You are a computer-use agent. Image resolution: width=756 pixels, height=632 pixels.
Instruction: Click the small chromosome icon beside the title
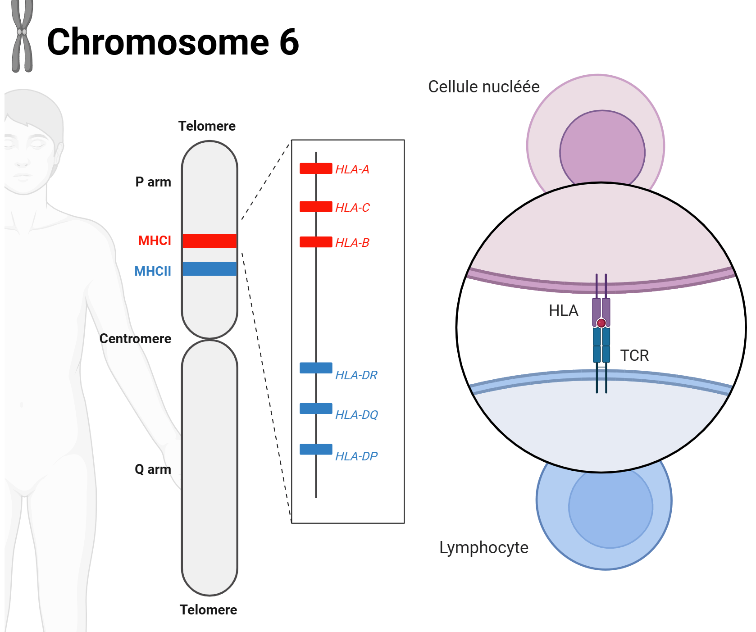pyautogui.click(x=22, y=36)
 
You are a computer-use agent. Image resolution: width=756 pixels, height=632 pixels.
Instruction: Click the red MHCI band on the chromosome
pyautogui.click(x=209, y=241)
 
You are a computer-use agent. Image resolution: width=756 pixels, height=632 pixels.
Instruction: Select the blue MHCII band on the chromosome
pyautogui.click(x=209, y=269)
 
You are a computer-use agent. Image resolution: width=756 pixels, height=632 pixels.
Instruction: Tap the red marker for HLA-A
pyautogui.click(x=316, y=168)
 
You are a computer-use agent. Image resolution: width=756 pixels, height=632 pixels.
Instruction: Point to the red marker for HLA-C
pyautogui.click(x=316, y=207)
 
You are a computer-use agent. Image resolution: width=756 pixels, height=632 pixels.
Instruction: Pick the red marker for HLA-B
pyautogui.click(x=316, y=242)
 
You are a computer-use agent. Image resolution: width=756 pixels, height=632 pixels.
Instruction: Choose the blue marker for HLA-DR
pyautogui.click(x=316, y=368)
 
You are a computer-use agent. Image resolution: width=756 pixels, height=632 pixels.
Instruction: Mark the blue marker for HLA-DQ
pyautogui.click(x=316, y=409)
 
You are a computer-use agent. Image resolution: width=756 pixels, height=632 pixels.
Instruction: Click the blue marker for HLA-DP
pyautogui.click(x=316, y=449)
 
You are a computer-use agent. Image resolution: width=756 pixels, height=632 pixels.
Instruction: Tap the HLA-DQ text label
pyautogui.click(x=356, y=415)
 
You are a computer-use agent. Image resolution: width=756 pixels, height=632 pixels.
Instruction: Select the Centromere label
pyautogui.click(x=135, y=339)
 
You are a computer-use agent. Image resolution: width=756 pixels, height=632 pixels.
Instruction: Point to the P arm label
pyautogui.click(x=153, y=182)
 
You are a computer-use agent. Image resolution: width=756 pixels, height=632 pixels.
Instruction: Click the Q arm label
pyautogui.click(x=153, y=469)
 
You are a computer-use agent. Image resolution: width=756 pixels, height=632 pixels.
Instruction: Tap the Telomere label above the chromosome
pyautogui.click(x=207, y=126)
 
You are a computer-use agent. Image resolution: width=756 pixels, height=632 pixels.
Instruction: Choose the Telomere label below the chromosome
pyautogui.click(x=208, y=610)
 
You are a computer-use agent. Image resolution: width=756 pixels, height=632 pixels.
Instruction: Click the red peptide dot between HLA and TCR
pyautogui.click(x=601, y=323)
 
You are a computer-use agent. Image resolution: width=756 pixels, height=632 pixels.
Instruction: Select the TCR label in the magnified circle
pyautogui.click(x=634, y=355)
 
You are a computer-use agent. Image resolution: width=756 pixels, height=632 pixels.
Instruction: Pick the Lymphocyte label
pyautogui.click(x=483, y=548)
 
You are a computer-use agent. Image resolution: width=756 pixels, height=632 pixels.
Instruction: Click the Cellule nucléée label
pyautogui.click(x=483, y=86)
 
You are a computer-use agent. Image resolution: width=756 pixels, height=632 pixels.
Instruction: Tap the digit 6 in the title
pyautogui.click(x=289, y=42)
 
